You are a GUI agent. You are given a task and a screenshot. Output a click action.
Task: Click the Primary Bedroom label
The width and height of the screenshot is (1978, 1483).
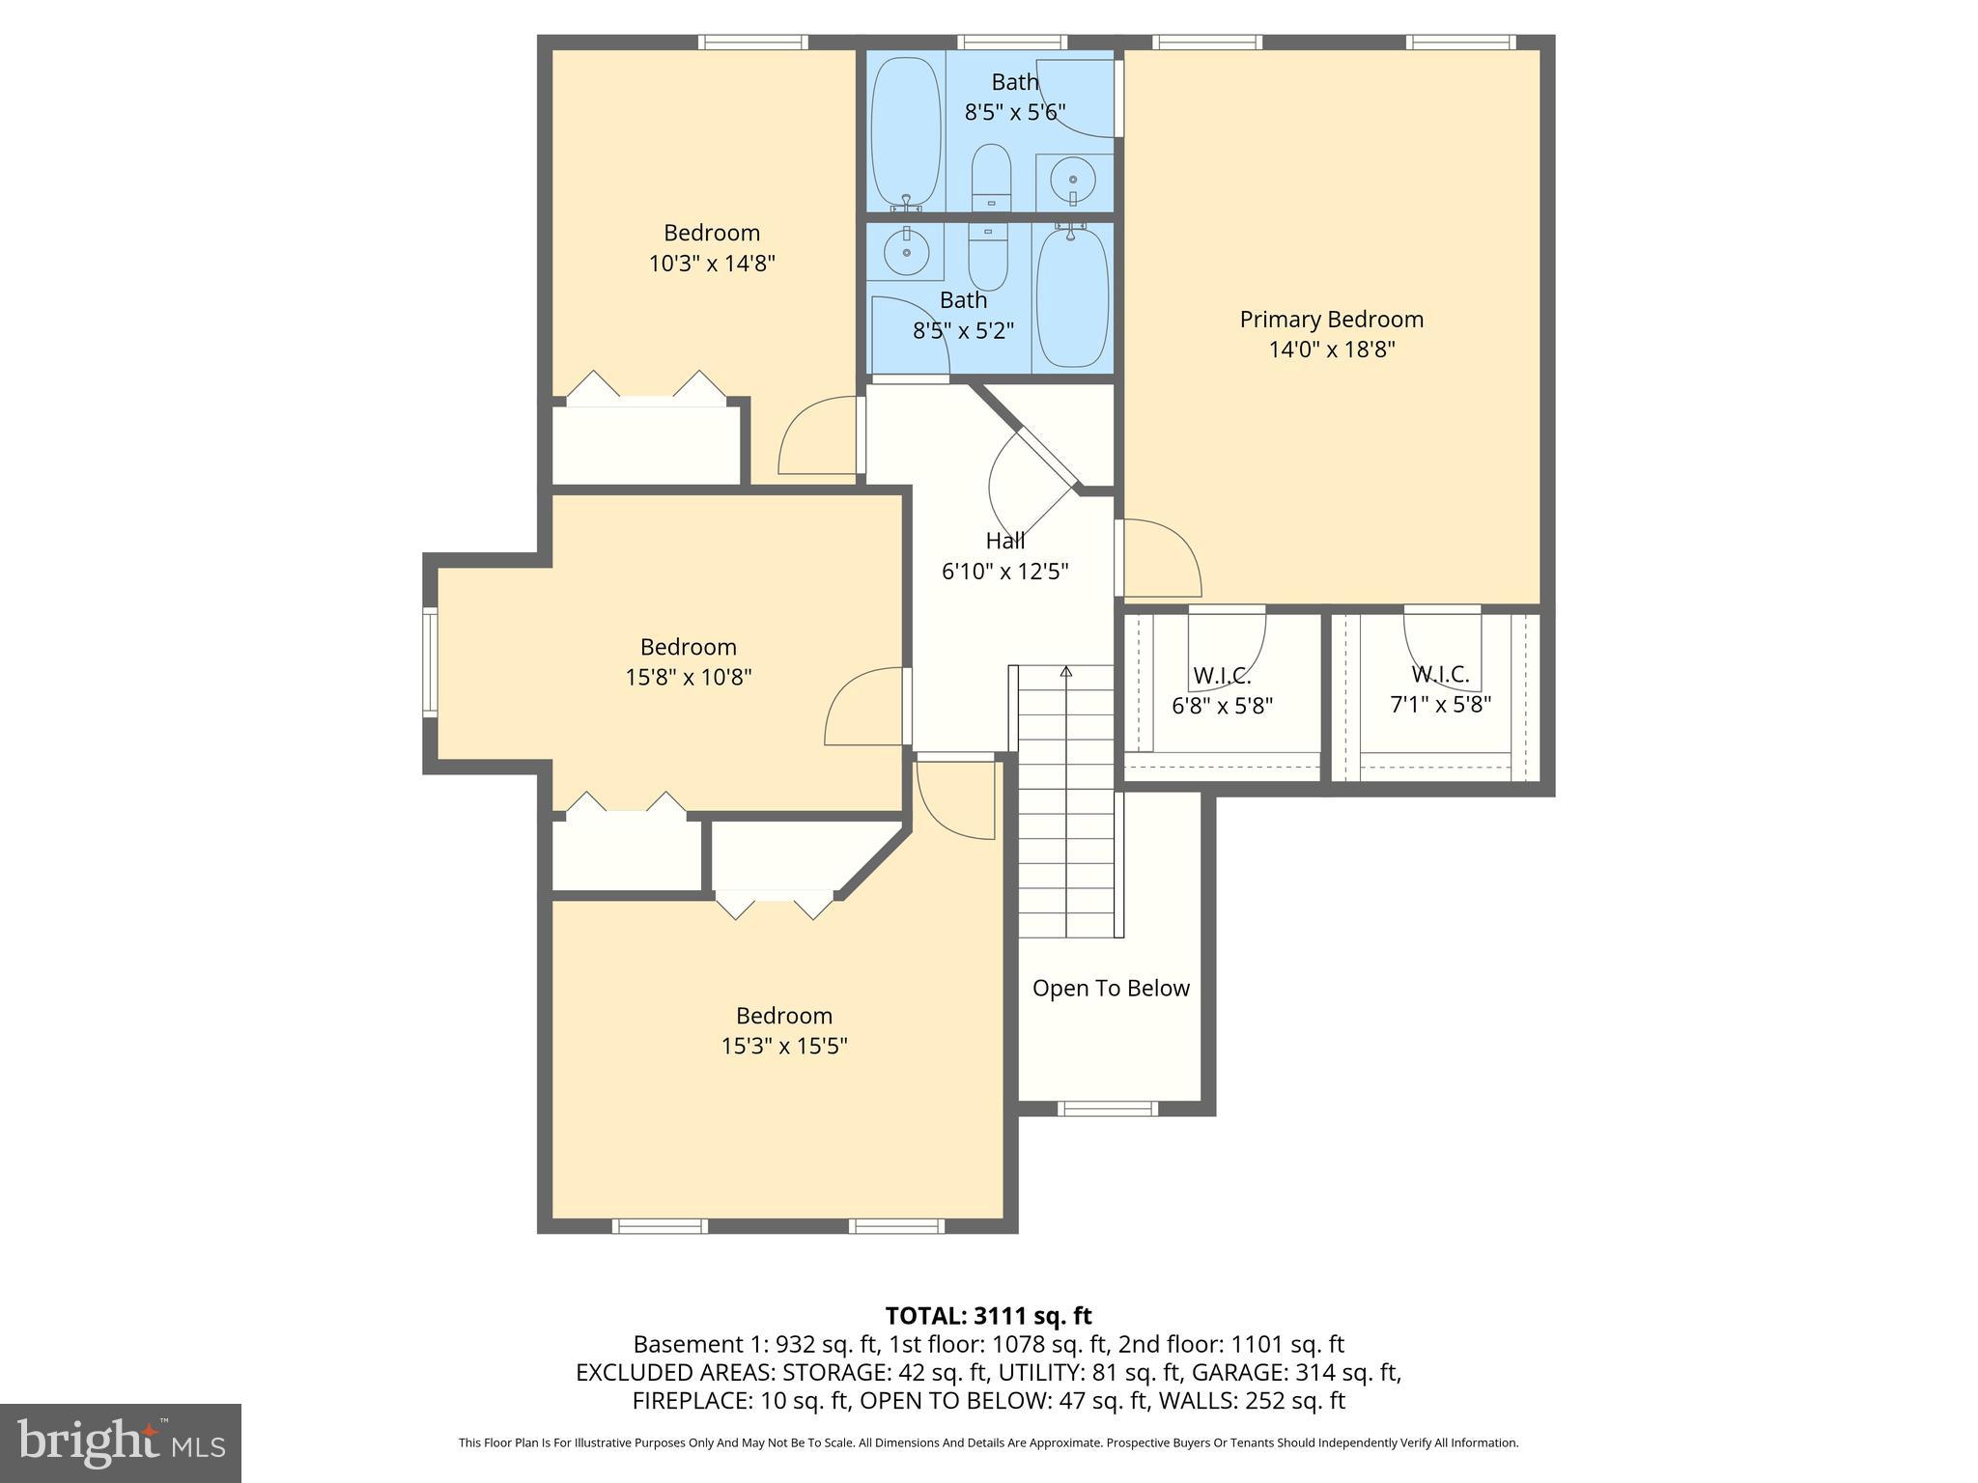pyautogui.click(x=1331, y=320)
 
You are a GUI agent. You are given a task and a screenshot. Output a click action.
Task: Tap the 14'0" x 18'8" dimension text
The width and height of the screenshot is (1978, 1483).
pyautogui.click(x=1331, y=350)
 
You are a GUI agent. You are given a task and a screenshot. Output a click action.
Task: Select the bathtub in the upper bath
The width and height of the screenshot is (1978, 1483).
pyautogui.click(x=905, y=130)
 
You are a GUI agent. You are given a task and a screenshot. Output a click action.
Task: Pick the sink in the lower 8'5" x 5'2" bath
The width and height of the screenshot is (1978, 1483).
pyautogui.click(x=906, y=252)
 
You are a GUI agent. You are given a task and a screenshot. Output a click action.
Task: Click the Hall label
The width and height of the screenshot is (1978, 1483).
pyautogui.click(x=1004, y=541)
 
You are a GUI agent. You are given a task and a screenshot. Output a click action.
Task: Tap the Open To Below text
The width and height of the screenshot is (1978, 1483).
pyautogui.click(x=1111, y=989)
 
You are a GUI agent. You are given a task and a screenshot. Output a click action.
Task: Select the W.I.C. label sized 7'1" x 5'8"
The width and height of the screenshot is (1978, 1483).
pyautogui.click(x=1440, y=674)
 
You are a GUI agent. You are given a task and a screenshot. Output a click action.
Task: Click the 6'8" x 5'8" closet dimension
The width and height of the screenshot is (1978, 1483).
pyautogui.click(x=1222, y=706)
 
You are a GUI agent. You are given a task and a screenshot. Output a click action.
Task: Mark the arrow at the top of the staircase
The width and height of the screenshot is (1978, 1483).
pyautogui.click(x=1066, y=670)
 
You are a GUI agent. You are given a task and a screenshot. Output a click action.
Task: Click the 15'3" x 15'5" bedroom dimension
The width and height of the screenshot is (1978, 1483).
pyautogui.click(x=783, y=1046)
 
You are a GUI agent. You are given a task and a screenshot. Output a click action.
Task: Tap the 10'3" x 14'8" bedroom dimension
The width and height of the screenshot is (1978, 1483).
pyautogui.click(x=712, y=263)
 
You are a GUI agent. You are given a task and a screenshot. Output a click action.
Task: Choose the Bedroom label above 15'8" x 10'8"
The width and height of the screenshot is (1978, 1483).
pyautogui.click(x=688, y=647)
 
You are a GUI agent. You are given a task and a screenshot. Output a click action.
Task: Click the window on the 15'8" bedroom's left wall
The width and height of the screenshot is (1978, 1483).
pyautogui.click(x=430, y=662)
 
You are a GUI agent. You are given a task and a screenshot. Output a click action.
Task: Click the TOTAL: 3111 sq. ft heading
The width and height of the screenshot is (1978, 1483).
pyautogui.click(x=988, y=1315)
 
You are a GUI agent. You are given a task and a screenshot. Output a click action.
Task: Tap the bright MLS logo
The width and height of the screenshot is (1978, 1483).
pyautogui.click(x=121, y=1442)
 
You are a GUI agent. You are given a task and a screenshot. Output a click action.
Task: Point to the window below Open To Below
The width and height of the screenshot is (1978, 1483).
pyautogui.click(x=1107, y=1108)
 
